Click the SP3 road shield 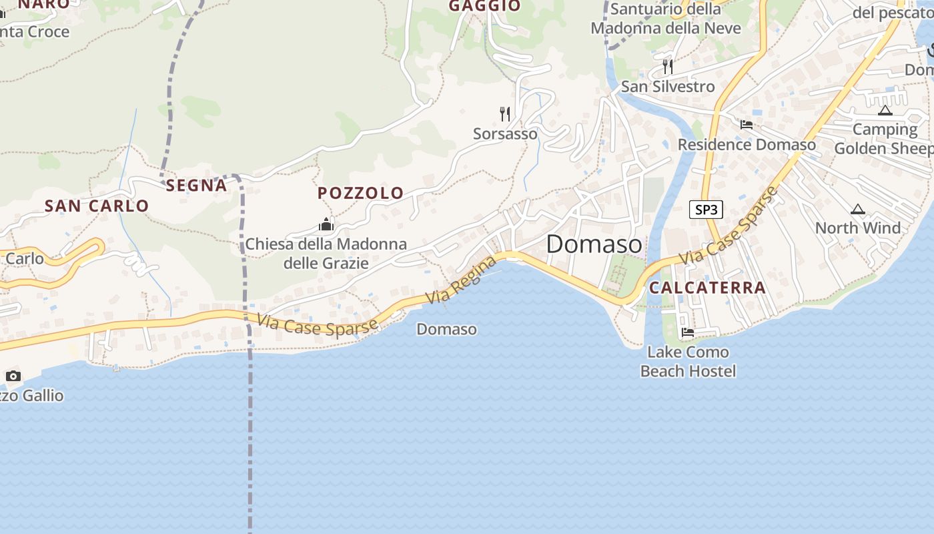pos(706,210)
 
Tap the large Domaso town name pos(594,244)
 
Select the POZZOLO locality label pos(360,194)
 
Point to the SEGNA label pos(196,186)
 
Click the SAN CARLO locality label pos(97,206)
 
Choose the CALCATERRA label pos(707,288)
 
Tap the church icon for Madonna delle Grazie pos(326,224)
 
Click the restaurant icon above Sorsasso pos(505,114)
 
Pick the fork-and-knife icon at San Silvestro pos(667,67)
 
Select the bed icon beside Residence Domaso pos(747,125)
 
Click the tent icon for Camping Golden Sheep pos(885,110)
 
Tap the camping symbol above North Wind pos(858,210)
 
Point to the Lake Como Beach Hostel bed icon pos(688,332)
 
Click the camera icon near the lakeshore pos(13,376)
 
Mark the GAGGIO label pos(484,6)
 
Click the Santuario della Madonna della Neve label pos(666,19)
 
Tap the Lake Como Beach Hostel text pos(688,361)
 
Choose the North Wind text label pos(858,228)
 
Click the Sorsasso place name pos(505,133)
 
